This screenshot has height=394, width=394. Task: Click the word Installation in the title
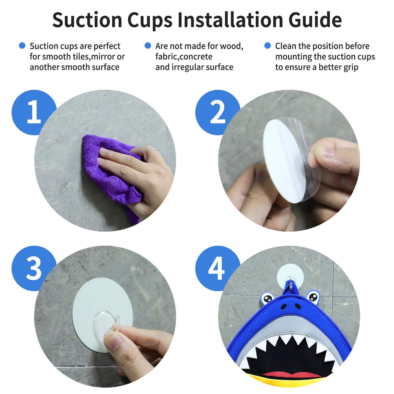tap(230, 20)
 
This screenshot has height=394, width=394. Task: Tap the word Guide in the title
tap(315, 20)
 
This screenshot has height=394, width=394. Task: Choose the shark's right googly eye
tap(313, 297)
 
